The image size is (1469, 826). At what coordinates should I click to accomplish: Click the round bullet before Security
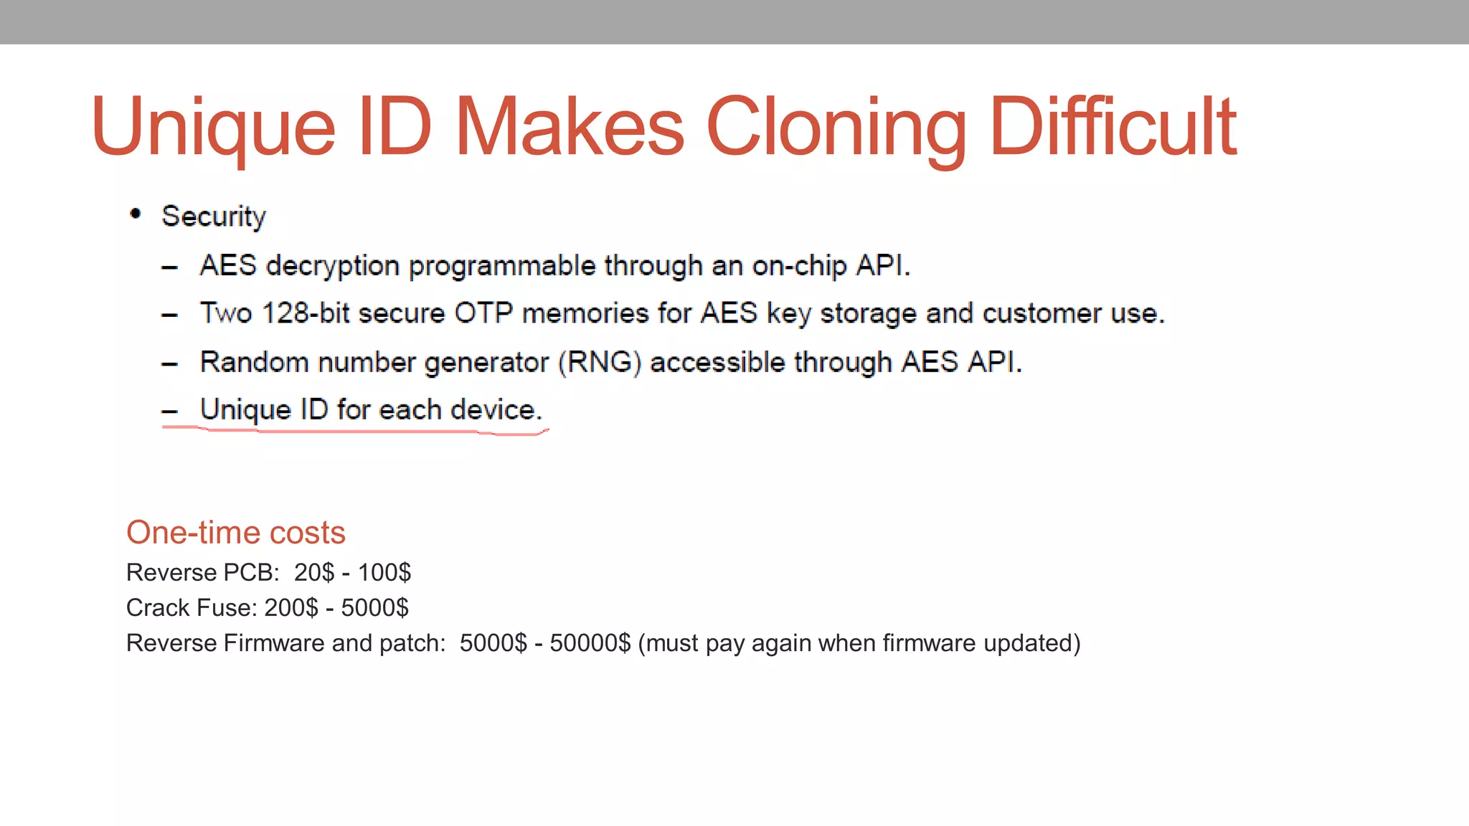coord(135,214)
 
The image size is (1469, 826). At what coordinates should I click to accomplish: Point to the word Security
coord(214,217)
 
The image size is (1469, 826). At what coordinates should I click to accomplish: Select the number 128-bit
coord(306,313)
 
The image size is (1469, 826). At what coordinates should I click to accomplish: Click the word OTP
coord(483,313)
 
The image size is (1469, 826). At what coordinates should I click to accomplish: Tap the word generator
coord(486,362)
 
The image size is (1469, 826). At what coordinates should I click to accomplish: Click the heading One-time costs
coord(235,533)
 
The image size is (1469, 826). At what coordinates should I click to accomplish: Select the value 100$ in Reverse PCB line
coord(384,572)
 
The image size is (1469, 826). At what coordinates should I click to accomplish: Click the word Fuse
coord(223,607)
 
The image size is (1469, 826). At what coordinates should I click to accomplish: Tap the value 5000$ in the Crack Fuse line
coord(374,607)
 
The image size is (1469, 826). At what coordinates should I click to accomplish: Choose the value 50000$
coord(590,642)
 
